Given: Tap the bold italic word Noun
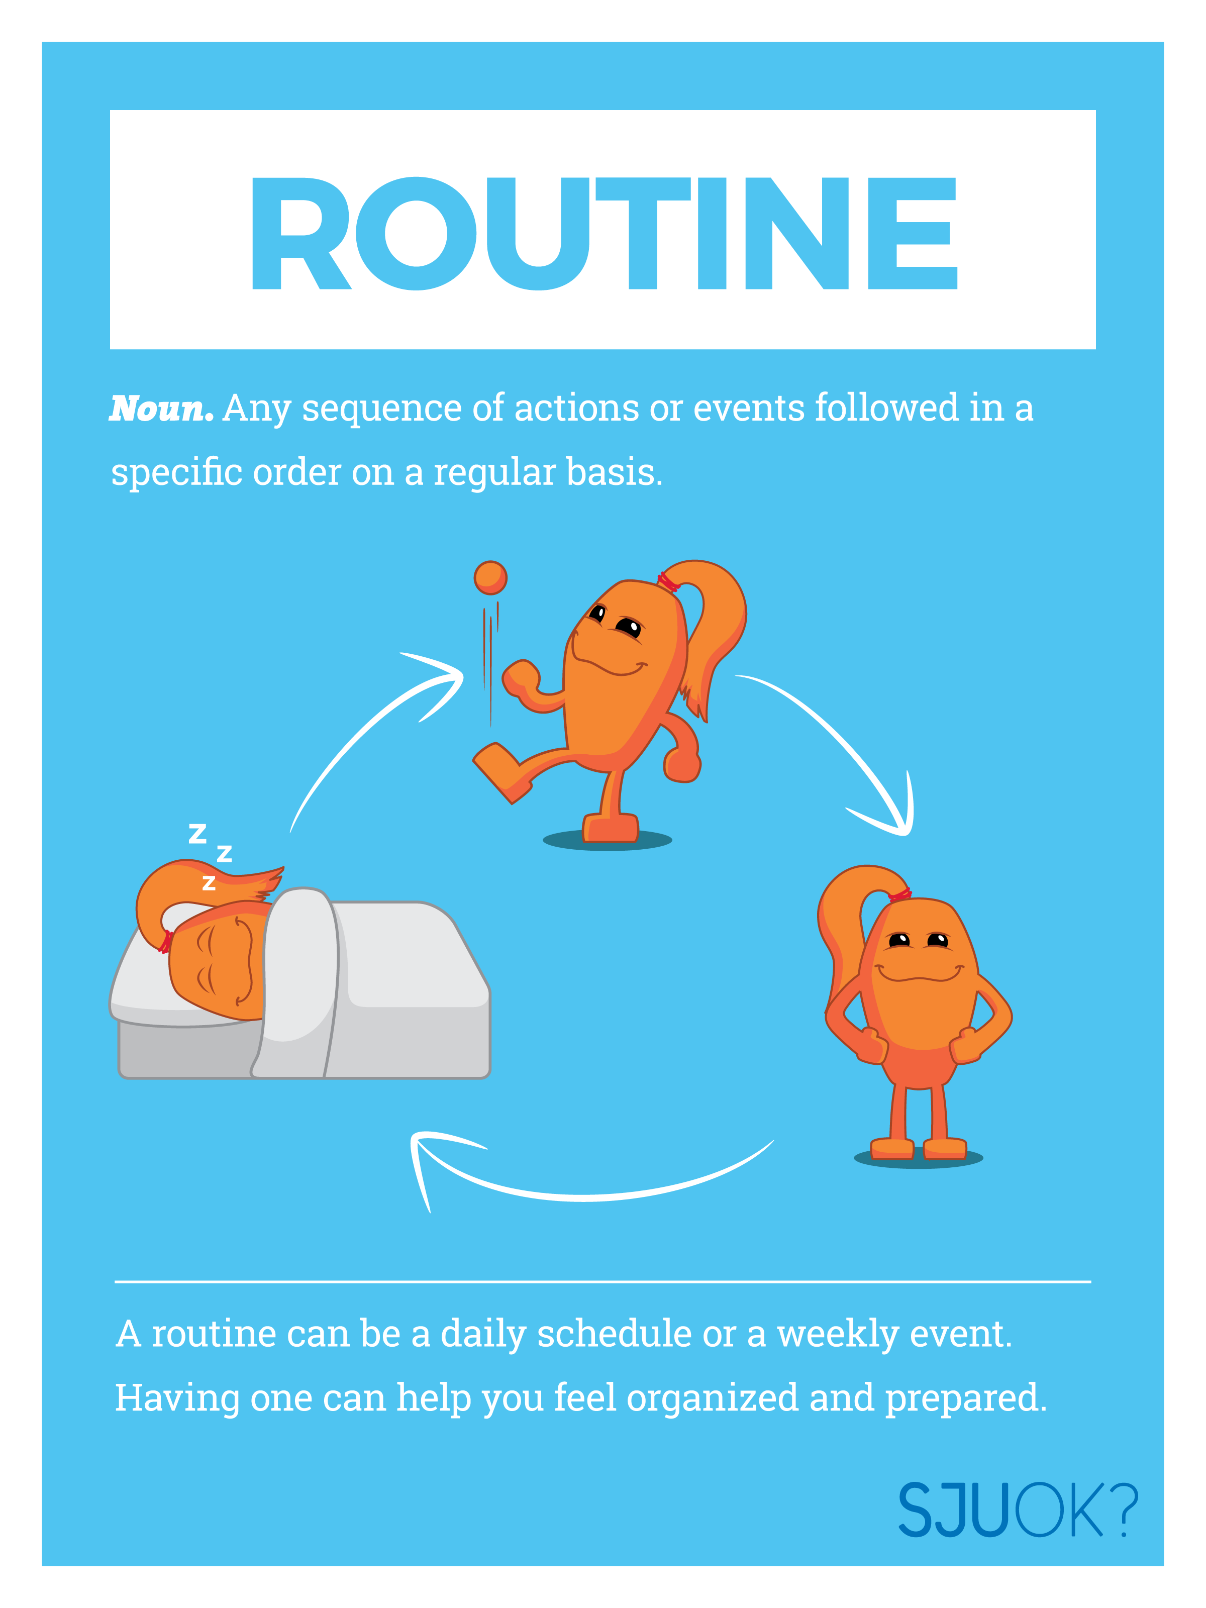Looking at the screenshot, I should [161, 409].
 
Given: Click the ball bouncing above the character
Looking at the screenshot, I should [490, 578].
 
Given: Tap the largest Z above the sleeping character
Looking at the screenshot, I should [197, 833].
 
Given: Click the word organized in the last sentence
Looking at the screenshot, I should [713, 1398].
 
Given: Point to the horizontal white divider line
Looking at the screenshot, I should [604, 1281].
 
